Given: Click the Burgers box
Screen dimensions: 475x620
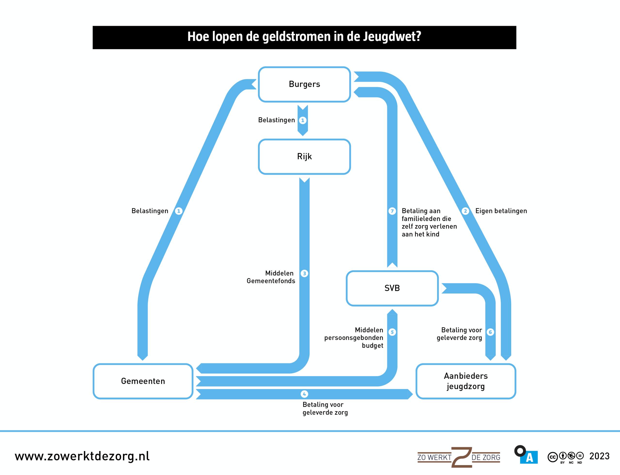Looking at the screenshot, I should pyautogui.click(x=304, y=84).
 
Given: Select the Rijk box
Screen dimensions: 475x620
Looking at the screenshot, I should pyautogui.click(x=304, y=157).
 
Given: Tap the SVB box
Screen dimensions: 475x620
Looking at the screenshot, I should pyautogui.click(x=392, y=288).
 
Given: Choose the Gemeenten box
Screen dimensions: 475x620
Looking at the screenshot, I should pyautogui.click(x=143, y=381).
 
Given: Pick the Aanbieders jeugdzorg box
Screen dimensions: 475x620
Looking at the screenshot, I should pyautogui.click(x=466, y=381).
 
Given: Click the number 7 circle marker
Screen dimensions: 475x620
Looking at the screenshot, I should pyautogui.click(x=392, y=211).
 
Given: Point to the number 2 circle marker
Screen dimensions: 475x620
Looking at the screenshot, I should pyautogui.click(x=465, y=211).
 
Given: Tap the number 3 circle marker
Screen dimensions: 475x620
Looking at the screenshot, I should pyautogui.click(x=304, y=273).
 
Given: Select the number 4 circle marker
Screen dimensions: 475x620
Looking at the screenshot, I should pyautogui.click(x=304, y=394).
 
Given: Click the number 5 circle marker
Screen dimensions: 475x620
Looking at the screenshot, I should pyautogui.click(x=392, y=332).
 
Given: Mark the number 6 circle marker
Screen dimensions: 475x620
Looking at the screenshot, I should pyautogui.click(x=490, y=332).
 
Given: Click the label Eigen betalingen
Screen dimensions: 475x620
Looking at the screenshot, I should pyautogui.click(x=501, y=211).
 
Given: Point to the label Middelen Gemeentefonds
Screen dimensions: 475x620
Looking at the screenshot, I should pyautogui.click(x=271, y=277).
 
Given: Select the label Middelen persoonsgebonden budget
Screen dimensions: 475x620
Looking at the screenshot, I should pyautogui.click(x=354, y=338).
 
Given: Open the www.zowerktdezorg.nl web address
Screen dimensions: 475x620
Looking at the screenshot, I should pyautogui.click(x=82, y=456).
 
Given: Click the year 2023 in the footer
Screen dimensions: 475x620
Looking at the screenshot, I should pyautogui.click(x=599, y=456).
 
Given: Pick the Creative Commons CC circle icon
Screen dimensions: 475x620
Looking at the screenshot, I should pyautogui.click(x=553, y=457).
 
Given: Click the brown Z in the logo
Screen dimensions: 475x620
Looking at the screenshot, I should pyautogui.click(x=462, y=457).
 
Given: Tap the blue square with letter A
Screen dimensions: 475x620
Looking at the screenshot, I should pyautogui.click(x=529, y=458).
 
